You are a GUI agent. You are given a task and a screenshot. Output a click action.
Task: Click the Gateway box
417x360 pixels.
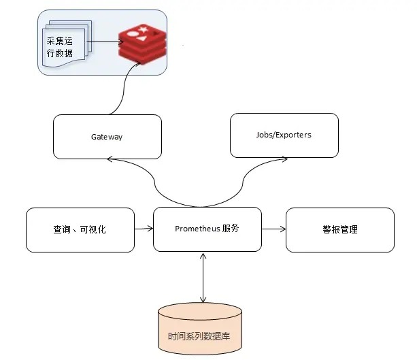coord(107,137)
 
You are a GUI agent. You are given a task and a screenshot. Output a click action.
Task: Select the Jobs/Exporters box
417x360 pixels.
coord(285,135)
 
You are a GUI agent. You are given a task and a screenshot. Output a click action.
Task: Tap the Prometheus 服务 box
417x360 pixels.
coord(207,229)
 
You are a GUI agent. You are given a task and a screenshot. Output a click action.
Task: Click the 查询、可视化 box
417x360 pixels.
coord(80,230)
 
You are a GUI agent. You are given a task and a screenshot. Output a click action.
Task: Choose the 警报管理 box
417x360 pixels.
coord(339,230)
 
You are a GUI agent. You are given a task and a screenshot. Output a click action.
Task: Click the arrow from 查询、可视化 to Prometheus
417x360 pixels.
coord(144,229)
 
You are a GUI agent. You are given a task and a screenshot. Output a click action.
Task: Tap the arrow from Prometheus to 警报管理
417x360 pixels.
coord(273,229)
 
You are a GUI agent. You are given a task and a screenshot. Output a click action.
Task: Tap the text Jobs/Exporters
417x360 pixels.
coord(285,135)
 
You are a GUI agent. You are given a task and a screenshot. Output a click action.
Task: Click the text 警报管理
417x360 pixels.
coord(339,230)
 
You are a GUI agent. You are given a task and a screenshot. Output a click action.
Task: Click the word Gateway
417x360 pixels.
coord(107,137)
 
